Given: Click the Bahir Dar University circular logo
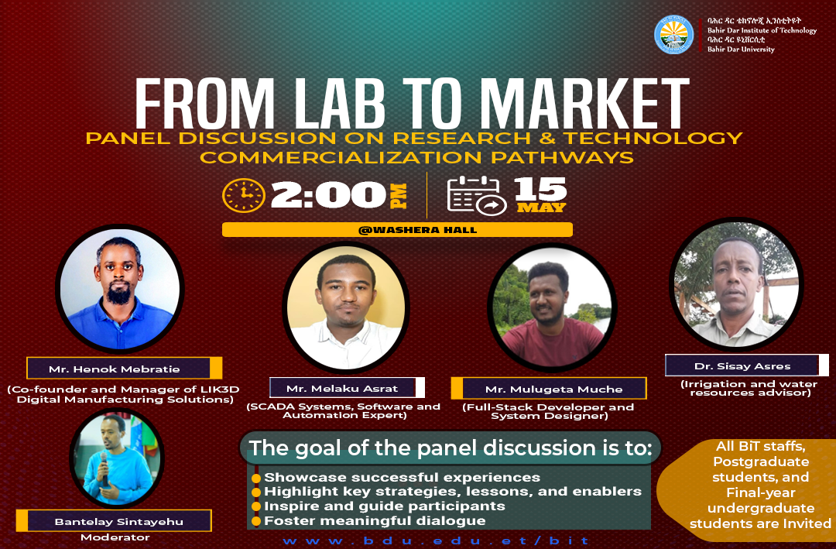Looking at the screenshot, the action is click(674, 35).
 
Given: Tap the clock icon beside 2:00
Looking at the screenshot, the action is click(244, 195).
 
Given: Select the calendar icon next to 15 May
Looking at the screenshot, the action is click(476, 195).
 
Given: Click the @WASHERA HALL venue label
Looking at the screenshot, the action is click(417, 230).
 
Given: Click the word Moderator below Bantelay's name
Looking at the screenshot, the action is click(115, 537).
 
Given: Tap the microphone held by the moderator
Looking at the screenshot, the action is click(104, 467).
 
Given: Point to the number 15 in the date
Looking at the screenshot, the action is click(540, 189).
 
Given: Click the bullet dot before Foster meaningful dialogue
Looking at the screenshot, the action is click(256, 520).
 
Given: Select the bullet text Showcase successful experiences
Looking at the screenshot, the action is click(402, 477).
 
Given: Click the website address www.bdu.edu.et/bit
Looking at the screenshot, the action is click(436, 541).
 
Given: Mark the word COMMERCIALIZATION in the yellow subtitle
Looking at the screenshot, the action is click(341, 157).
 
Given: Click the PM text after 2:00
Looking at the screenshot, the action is click(399, 196).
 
